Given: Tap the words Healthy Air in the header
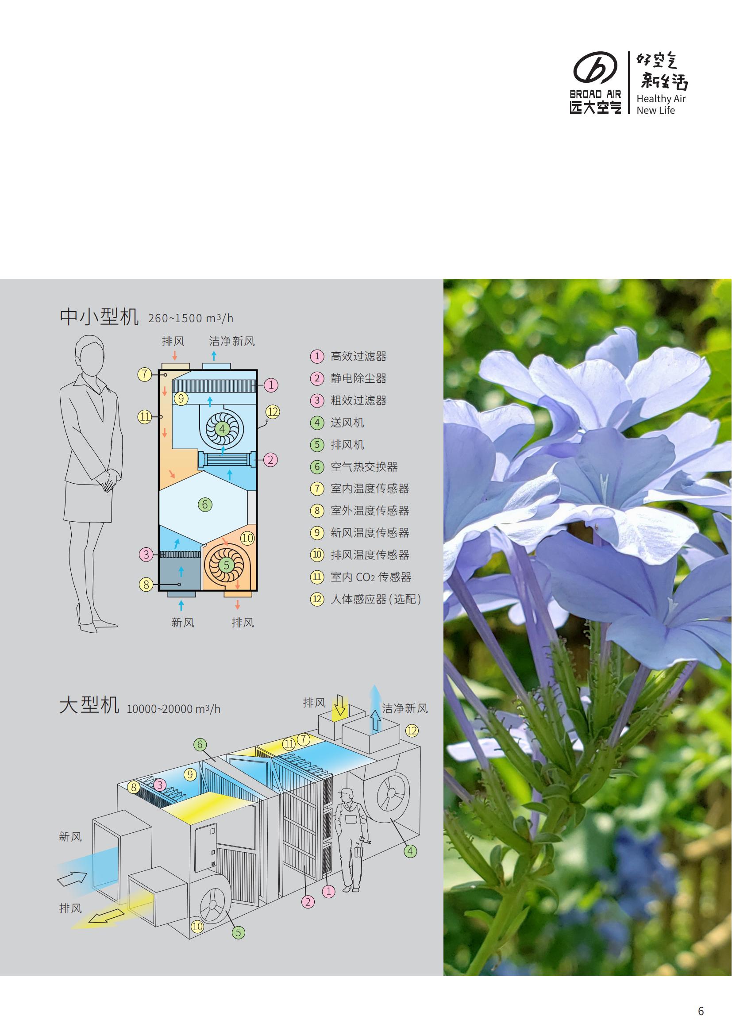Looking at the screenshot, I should tap(661, 99).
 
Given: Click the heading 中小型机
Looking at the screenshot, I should tap(99, 317).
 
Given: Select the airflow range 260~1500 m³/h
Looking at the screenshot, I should tap(191, 318).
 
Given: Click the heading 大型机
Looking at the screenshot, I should tap(89, 704).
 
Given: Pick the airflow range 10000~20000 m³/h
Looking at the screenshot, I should tap(173, 709).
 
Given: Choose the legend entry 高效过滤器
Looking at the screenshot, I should tap(358, 356).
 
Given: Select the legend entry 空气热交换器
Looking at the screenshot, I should tap(364, 466).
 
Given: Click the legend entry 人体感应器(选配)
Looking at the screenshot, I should tap(375, 599).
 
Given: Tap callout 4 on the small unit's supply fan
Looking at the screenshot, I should tap(222, 428).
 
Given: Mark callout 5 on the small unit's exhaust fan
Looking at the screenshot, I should tap(227, 564).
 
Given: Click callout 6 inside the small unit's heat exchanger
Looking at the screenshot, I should tap(204, 504).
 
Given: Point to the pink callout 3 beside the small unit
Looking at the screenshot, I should tap(146, 554).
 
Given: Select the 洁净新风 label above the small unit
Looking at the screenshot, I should tap(231, 341).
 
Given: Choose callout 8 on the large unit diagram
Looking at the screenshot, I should tap(133, 787).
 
